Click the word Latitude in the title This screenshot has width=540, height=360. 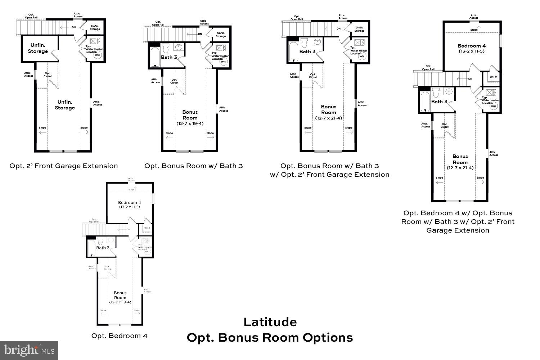coord(270,322)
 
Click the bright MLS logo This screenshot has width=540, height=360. coord(29,350)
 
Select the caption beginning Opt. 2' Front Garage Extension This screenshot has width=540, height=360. coord(64,166)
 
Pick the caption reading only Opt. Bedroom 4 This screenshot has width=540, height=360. coord(119,336)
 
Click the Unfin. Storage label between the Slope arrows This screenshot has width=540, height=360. coord(65,105)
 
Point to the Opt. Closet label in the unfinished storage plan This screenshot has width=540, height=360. coord(48,75)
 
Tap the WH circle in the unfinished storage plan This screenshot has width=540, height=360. coord(97,55)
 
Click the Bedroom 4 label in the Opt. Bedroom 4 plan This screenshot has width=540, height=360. coord(130,203)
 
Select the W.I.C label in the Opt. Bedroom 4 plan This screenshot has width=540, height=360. coord(147,228)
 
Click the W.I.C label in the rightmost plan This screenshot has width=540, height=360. coord(493,77)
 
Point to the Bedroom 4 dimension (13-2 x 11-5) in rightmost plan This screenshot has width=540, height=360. coord(472,51)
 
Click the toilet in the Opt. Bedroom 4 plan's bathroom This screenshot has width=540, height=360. coord(100,240)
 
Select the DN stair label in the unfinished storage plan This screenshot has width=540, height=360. coord(73,27)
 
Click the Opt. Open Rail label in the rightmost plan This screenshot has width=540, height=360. coord(428,68)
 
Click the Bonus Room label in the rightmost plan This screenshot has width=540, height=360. coord(460,159)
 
